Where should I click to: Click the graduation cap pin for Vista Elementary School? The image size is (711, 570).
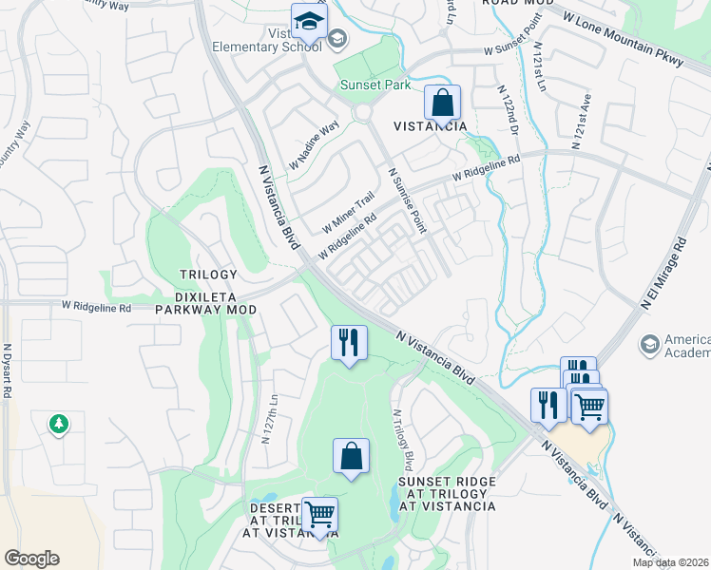tap(309, 20)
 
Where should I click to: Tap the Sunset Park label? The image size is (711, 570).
tap(375, 85)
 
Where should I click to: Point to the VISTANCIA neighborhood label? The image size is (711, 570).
tap(431, 126)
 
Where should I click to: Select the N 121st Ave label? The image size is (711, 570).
tap(582, 120)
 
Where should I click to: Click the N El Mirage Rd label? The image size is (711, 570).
tap(663, 271)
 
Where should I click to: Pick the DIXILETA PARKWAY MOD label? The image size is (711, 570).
tap(206, 302)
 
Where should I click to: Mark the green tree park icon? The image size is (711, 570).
tap(59, 423)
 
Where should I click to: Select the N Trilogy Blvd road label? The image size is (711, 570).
tap(404, 440)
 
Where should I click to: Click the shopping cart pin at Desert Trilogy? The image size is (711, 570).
tap(319, 515)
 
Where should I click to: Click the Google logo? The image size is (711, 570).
tap(31, 559)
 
